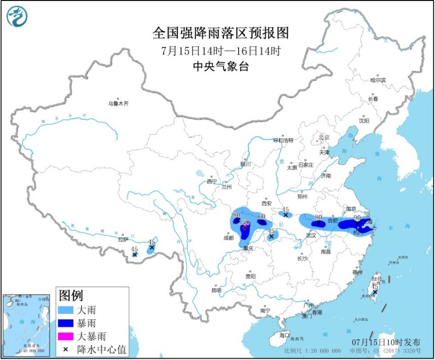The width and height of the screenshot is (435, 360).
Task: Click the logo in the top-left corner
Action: click(x=17, y=16)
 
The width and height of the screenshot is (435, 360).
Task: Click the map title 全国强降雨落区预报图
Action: click(x=221, y=33)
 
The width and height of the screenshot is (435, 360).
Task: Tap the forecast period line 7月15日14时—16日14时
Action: click(x=221, y=51)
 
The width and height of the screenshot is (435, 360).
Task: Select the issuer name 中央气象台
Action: click(x=221, y=66)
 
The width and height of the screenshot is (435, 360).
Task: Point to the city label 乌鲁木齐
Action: click(x=118, y=103)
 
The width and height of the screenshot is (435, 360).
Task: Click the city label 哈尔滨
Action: click(x=377, y=80)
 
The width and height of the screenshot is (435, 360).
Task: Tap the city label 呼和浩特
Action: click(x=283, y=140)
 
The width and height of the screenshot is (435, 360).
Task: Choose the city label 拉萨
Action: click(x=122, y=239)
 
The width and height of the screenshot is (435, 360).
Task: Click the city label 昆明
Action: click(x=216, y=291)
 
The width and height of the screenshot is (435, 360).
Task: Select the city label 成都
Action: click(x=229, y=237)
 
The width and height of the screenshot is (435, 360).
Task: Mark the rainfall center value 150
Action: click(x=245, y=222)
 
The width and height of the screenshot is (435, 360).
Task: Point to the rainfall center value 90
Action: click(x=357, y=218)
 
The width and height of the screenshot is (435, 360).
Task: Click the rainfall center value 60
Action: click(x=262, y=217)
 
